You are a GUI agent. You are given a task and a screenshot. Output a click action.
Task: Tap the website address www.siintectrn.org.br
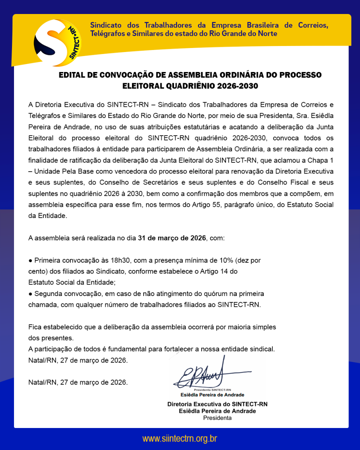[180, 438]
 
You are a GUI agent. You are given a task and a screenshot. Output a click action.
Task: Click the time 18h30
[122, 260]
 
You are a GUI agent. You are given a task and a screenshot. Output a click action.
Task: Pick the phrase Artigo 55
[206, 205]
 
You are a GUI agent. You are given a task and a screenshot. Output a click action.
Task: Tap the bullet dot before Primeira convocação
[30, 260]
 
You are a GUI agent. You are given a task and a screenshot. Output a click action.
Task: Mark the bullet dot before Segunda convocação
[30, 294]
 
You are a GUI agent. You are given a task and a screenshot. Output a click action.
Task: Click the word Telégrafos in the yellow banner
[107, 34]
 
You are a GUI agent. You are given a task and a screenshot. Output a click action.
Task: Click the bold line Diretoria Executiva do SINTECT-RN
[217, 404]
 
